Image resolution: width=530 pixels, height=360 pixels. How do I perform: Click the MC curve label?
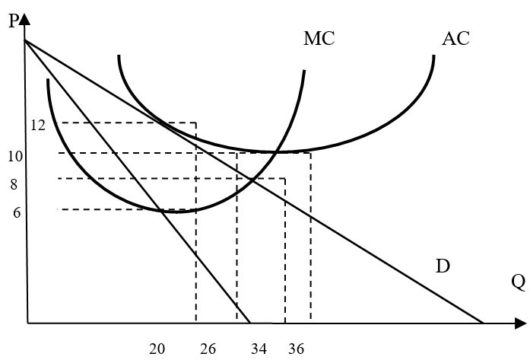[x=319, y=38]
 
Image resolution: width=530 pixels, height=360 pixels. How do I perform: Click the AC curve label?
[x=455, y=38]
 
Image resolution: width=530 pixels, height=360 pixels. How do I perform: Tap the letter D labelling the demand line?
[x=443, y=266]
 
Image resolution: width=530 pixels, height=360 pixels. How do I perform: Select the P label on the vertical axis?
[x=14, y=21]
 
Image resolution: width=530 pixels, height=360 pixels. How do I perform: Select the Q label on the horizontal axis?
[x=519, y=282]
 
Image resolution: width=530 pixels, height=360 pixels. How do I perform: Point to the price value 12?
[x=38, y=126]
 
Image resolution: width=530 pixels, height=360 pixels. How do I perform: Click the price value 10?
[x=15, y=156]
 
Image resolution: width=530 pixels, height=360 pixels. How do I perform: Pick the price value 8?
[x=14, y=185]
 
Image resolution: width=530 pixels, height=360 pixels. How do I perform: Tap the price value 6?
[x=17, y=213]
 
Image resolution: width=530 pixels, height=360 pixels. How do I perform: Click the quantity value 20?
[x=157, y=349]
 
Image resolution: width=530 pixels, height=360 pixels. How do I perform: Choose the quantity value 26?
[x=208, y=349]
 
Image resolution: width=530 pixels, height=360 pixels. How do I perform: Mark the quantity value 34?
[x=259, y=349]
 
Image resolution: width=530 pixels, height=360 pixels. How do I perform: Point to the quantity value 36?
[x=296, y=349]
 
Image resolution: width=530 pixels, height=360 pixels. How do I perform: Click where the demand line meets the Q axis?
[x=483, y=323]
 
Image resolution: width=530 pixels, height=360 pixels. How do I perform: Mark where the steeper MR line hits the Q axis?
[x=250, y=323]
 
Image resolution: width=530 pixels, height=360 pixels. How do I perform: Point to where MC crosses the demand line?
[x=252, y=180]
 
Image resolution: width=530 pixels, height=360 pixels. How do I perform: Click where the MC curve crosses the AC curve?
[x=277, y=152]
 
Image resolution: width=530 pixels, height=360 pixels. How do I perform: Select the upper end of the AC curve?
[x=434, y=56]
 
